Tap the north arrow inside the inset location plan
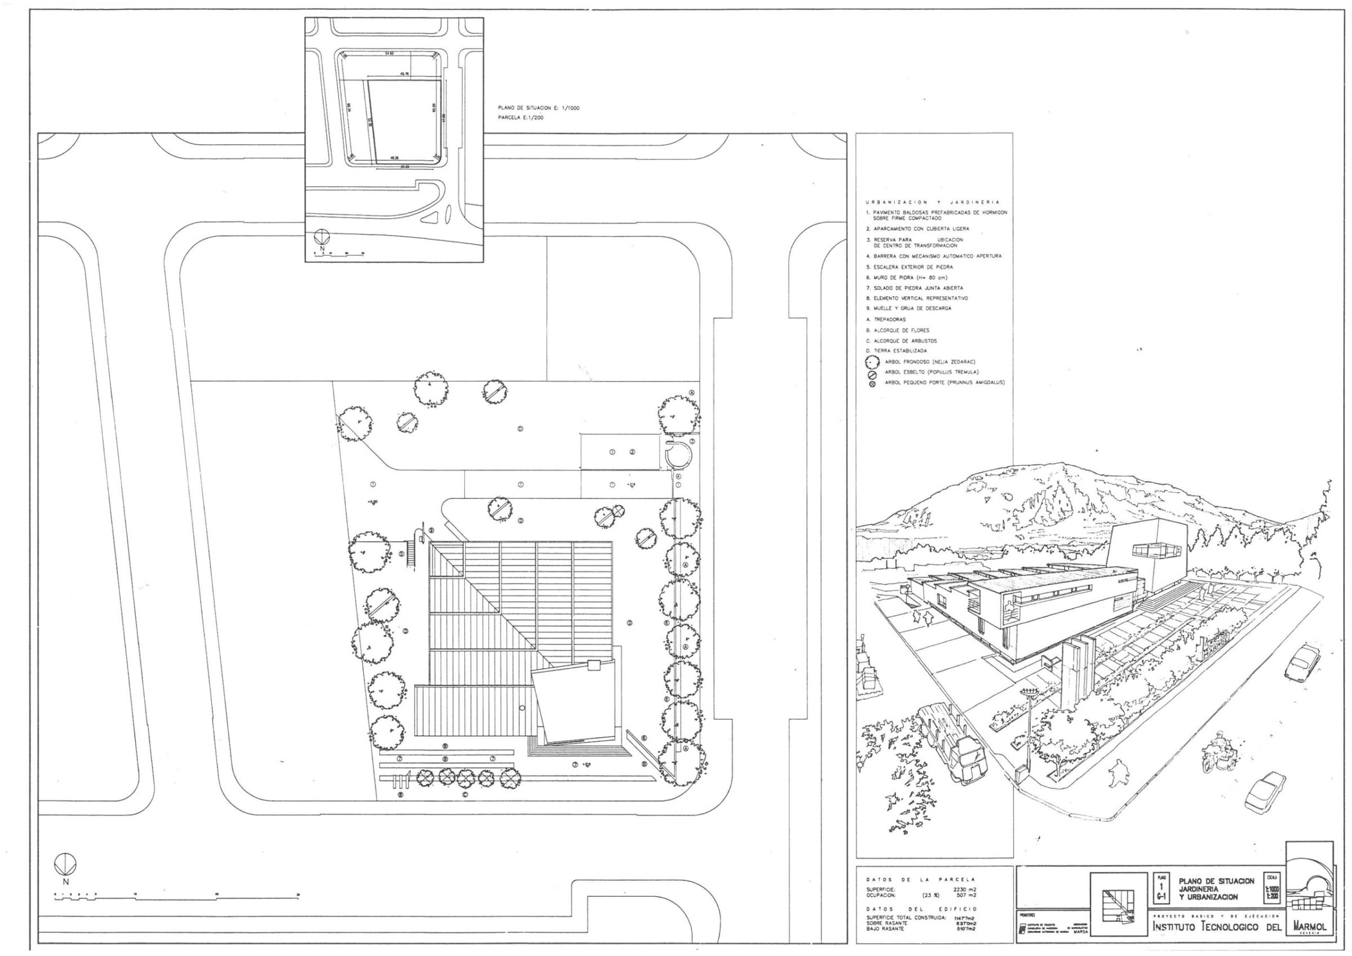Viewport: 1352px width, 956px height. pyautogui.click(x=322, y=237)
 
